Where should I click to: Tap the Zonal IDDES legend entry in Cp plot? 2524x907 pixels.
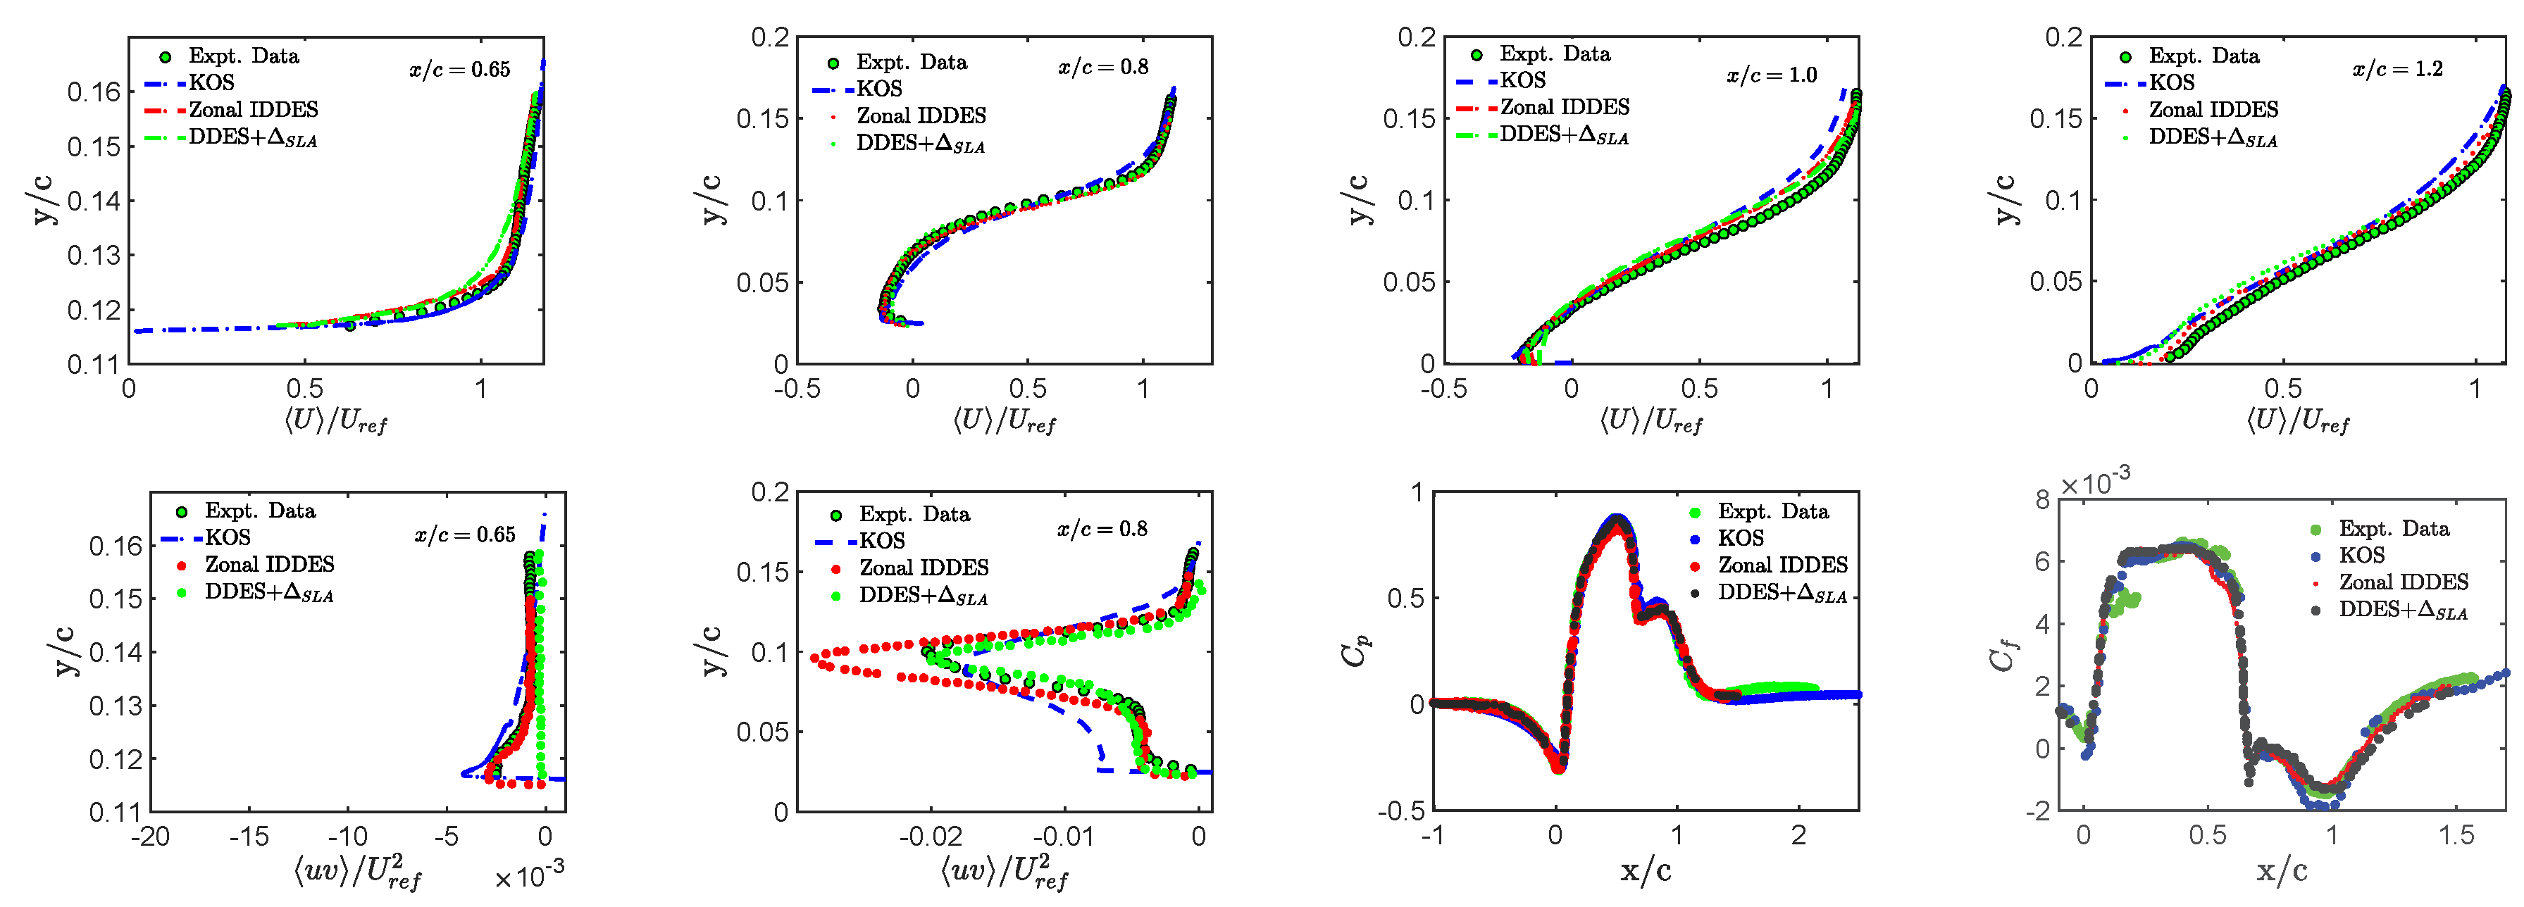(x=1782, y=565)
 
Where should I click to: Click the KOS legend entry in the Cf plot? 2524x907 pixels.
(x=2361, y=556)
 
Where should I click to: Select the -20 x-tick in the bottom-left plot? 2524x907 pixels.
(x=150, y=837)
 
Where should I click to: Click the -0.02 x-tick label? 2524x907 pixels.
(x=930, y=837)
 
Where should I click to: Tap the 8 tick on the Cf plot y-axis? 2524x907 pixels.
(x=2042, y=499)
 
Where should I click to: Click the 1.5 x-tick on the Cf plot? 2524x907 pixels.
(x=2456, y=835)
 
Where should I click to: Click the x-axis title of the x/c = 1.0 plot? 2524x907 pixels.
(x=1651, y=422)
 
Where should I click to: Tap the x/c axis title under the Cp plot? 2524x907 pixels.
(x=1646, y=870)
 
